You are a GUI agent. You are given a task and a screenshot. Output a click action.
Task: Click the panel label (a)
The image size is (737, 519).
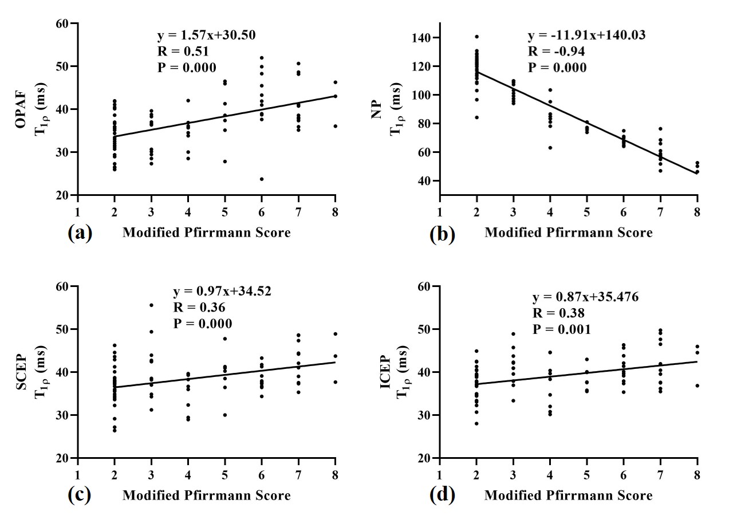pos(80,233)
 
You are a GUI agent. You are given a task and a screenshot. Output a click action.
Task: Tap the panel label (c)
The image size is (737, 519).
pos(80,495)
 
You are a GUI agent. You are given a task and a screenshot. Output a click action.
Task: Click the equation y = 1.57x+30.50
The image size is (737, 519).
pos(206,36)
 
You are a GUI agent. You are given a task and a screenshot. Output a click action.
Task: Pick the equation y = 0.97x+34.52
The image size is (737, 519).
pos(222,291)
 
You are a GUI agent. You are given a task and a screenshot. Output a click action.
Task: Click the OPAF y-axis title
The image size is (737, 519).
pos(32,109)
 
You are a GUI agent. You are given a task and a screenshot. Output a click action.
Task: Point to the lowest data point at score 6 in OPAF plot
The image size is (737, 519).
pos(262,179)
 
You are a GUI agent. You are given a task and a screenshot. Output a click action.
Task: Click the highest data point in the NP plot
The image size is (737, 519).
pos(476,37)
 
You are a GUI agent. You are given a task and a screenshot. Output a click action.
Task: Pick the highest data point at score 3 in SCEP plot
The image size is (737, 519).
pos(151,305)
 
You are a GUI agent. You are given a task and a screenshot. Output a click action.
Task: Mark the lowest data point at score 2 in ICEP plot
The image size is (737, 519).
pos(476,423)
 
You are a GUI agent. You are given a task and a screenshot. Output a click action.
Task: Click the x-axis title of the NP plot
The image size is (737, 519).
pos(568,233)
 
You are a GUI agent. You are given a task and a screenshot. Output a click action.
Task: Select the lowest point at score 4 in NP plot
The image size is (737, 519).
pos(550,148)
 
